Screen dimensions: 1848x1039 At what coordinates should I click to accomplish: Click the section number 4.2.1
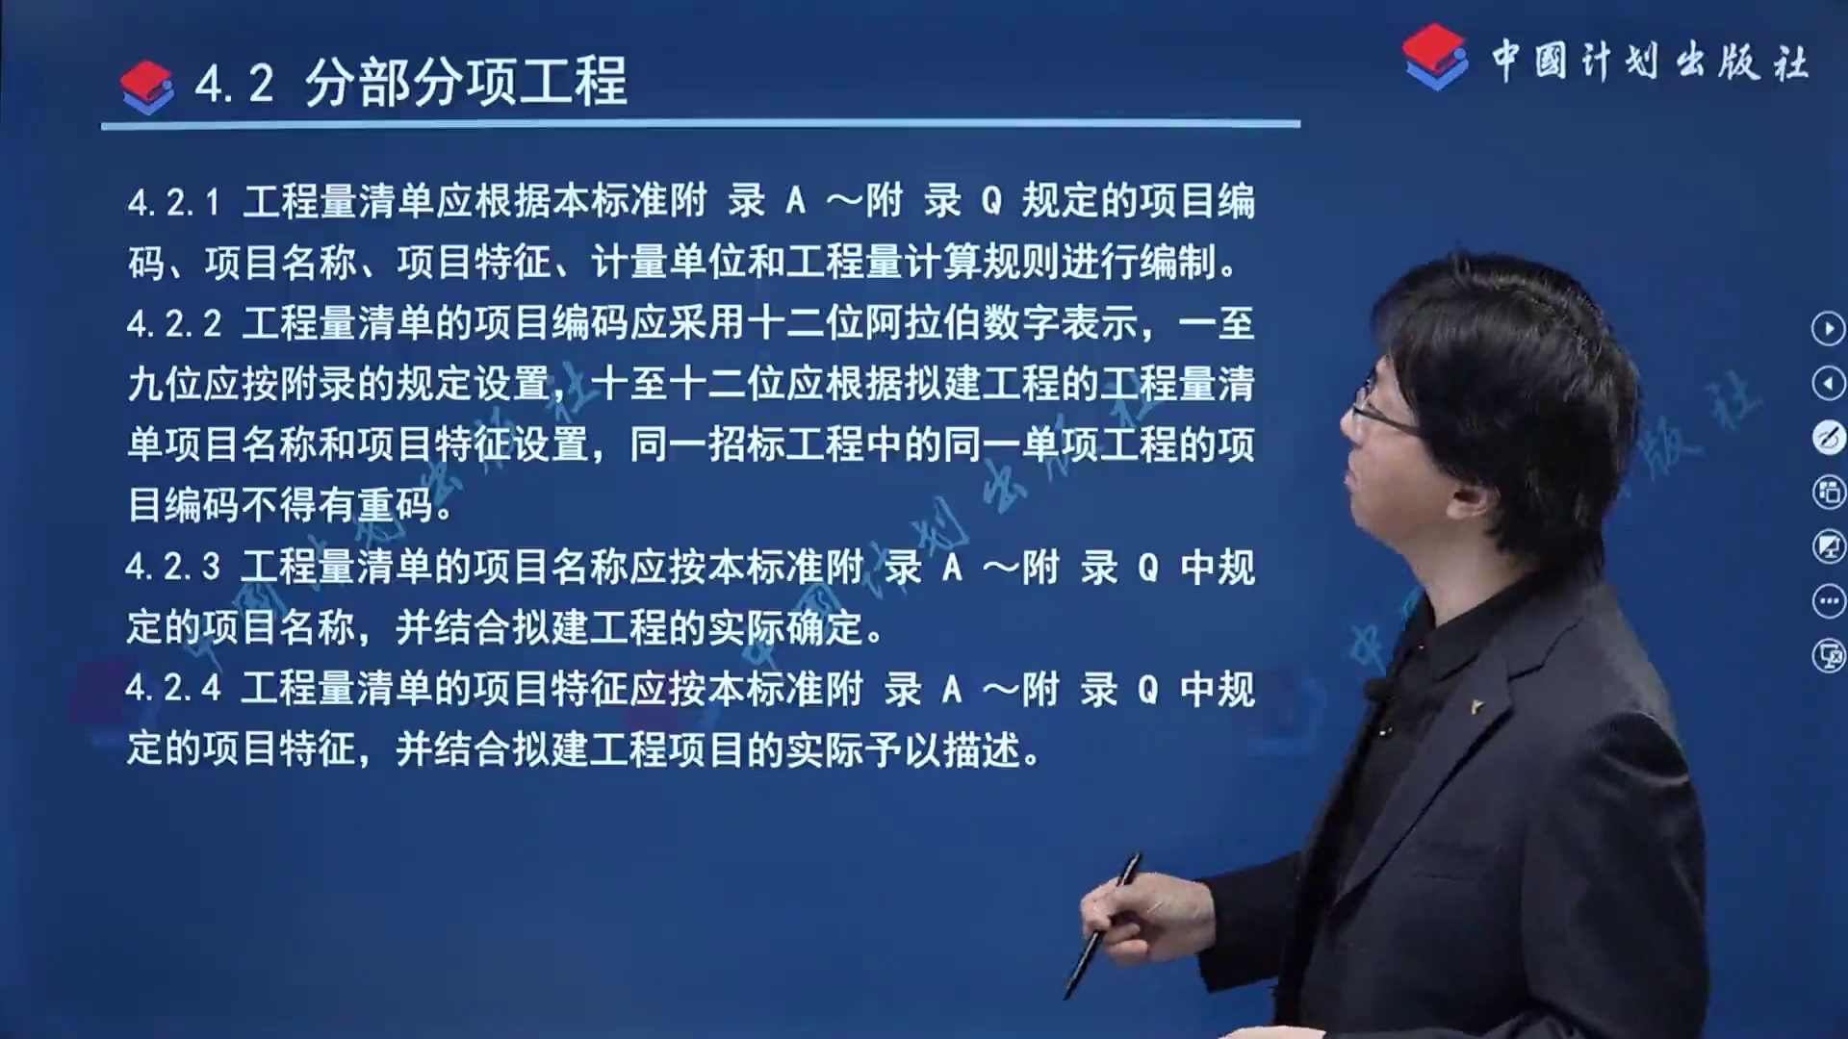[x=174, y=202]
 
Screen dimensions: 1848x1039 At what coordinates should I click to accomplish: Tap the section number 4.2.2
[x=174, y=324]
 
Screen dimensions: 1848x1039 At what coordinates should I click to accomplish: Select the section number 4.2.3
[x=173, y=567]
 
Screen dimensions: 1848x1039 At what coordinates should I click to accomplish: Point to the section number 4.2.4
[x=173, y=689]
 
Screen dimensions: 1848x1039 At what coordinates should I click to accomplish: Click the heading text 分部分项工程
[x=466, y=81]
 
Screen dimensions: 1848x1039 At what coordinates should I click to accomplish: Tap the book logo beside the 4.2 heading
[x=147, y=87]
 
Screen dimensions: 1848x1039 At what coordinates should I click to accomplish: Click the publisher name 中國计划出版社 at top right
[x=1650, y=62]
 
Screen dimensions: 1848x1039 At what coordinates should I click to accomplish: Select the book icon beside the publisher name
[x=1434, y=57]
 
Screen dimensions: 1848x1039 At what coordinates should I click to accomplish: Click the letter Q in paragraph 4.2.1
[x=991, y=202]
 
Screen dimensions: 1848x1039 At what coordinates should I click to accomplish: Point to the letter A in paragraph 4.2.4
[x=952, y=689]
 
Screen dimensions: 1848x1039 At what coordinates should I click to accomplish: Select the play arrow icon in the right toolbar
[x=1828, y=328]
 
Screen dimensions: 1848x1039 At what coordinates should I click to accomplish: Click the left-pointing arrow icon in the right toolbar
[x=1828, y=383]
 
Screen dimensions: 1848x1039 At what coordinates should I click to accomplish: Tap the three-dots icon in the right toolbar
[x=1828, y=601]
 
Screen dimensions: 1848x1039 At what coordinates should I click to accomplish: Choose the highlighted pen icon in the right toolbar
[x=1828, y=438]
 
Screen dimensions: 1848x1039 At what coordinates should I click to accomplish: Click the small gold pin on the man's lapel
[x=1478, y=707]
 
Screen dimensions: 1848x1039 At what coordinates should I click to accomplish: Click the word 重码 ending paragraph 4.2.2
[x=395, y=505]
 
